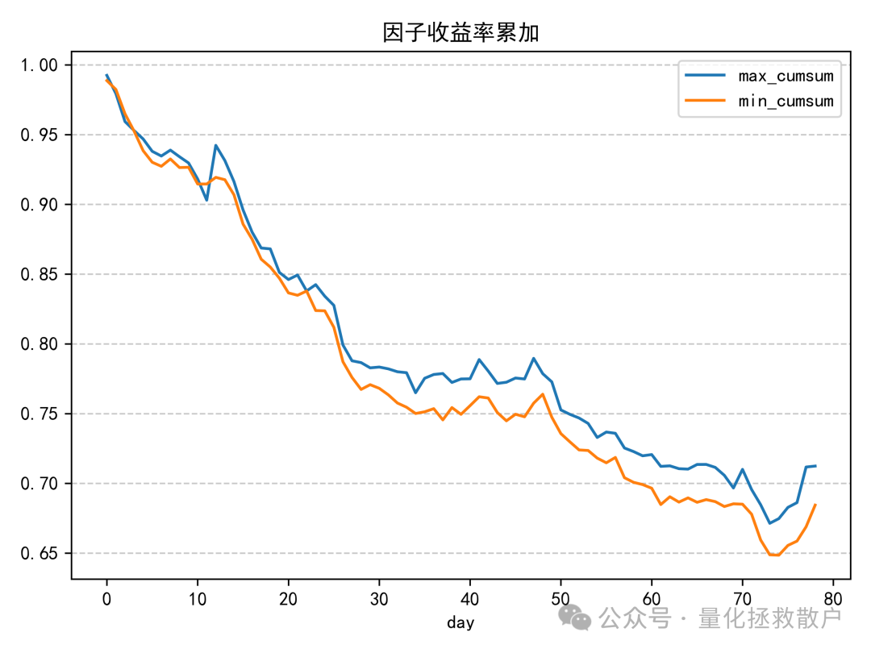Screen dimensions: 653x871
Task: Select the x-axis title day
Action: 461,622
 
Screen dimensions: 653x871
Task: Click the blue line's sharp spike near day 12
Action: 215,145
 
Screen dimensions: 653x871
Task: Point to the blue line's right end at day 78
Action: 815,466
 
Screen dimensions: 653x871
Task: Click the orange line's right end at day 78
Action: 815,505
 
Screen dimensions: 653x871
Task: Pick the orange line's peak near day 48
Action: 543,394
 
